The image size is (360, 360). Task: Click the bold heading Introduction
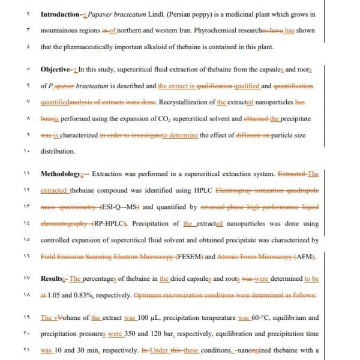[60, 13]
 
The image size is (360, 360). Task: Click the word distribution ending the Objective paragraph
[58, 151]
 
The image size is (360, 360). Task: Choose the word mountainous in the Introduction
[61, 29]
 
